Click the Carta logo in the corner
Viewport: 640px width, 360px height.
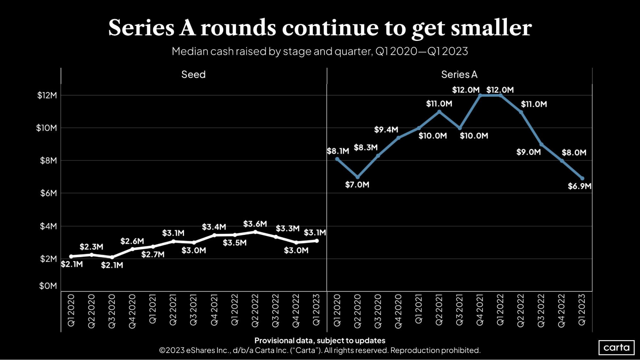click(616, 348)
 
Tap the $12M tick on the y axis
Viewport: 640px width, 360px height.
click(47, 95)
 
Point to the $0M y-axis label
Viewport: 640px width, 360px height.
click(48, 286)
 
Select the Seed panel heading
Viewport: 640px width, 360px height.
click(193, 75)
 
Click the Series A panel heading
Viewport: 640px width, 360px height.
click(459, 75)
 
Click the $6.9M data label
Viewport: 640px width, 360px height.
click(579, 186)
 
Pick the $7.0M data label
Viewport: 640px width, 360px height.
click(357, 185)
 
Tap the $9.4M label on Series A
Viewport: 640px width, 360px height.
click(386, 130)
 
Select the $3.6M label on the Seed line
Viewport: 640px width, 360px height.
click(255, 224)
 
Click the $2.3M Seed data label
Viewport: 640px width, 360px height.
click(91, 247)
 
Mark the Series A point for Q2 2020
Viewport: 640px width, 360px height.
click(358, 177)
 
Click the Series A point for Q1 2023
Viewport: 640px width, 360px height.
click(582, 179)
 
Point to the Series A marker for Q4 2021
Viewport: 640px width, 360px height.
click(480, 95)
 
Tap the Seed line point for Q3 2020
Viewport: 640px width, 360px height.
click(112, 257)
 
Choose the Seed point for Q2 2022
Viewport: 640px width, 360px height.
click(255, 232)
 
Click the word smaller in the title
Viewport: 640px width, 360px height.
click(491, 28)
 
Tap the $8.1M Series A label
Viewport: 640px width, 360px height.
click(338, 151)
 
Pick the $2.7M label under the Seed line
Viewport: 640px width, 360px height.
click(153, 254)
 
